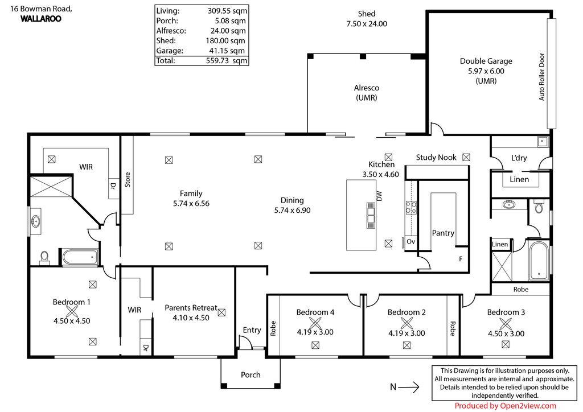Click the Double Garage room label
click(486, 61)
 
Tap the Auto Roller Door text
click(542, 77)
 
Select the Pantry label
click(443, 233)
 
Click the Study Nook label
click(436, 157)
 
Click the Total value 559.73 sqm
click(227, 60)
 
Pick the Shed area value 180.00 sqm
click(225, 40)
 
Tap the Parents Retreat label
click(191, 308)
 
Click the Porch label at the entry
click(251, 374)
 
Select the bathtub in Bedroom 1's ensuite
click(80, 257)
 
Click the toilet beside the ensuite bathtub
click(44, 257)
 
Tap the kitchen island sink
click(371, 215)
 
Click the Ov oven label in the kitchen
click(410, 241)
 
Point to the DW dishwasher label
click(379, 196)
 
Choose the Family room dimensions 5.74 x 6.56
click(191, 203)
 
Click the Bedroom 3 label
click(506, 312)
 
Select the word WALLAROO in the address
click(41, 19)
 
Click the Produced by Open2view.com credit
click(506, 406)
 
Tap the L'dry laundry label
click(519, 158)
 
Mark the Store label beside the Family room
click(128, 179)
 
